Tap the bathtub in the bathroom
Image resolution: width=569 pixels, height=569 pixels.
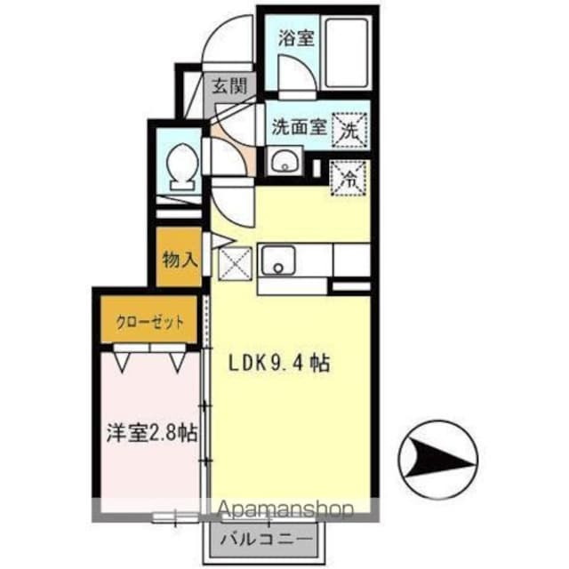coord(345,52)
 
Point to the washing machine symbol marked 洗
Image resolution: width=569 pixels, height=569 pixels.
coord(350,129)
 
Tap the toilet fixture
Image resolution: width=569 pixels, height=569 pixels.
coord(181,165)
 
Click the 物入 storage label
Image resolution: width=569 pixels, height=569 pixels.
coord(179,259)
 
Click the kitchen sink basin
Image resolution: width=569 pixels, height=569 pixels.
coord(279,262)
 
